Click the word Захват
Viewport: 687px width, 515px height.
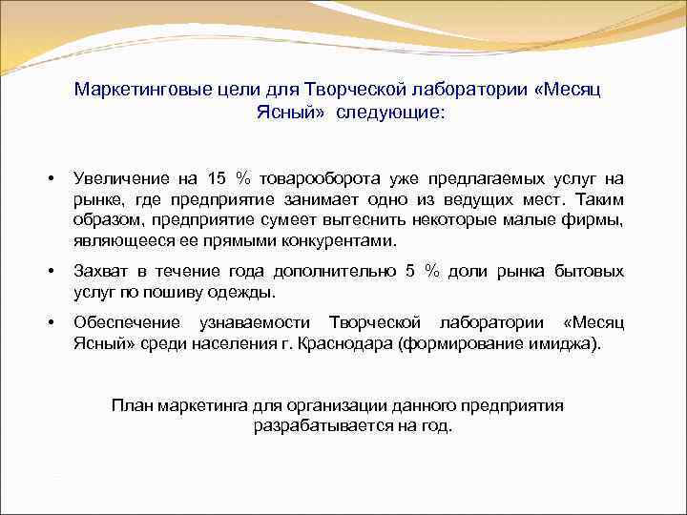(x=98, y=272)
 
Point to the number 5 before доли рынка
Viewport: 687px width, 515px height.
(x=410, y=272)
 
